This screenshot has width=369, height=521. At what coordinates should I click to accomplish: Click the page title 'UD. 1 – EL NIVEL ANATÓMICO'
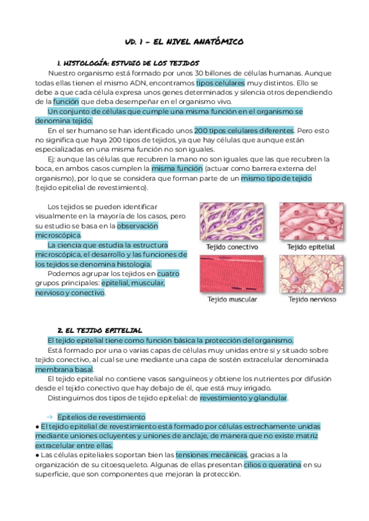pos(184,42)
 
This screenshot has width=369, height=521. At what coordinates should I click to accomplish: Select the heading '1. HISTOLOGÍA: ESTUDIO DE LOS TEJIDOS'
pos(127,63)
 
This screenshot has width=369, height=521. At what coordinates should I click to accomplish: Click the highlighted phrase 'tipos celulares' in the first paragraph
pos(221,82)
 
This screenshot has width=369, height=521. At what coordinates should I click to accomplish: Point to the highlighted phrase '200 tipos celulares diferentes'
pos(244,130)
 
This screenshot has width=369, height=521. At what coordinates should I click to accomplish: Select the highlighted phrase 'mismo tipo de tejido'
pos(276,178)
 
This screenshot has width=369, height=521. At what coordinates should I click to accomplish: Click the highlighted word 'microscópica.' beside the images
pos(58,235)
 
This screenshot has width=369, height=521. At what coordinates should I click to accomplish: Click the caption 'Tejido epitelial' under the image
pos(311,247)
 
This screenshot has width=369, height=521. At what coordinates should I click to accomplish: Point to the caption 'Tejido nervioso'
pos(312,300)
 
